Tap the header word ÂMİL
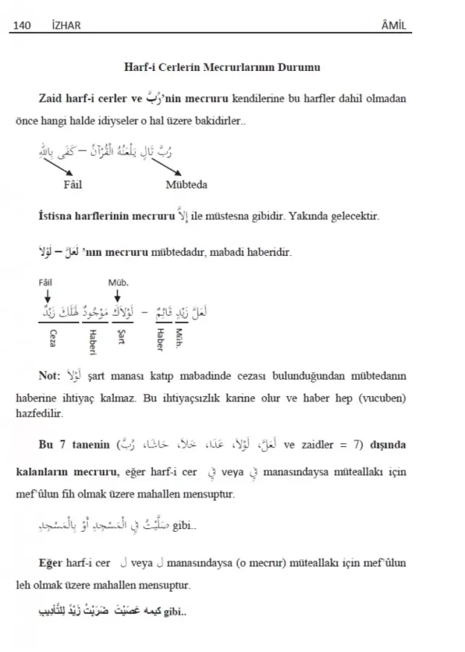[392, 26]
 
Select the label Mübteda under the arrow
[186, 185]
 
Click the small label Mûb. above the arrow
[118, 283]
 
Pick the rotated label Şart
[120, 338]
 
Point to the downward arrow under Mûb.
[118, 296]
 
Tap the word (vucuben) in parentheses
[380, 398]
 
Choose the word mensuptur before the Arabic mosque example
[210, 495]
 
